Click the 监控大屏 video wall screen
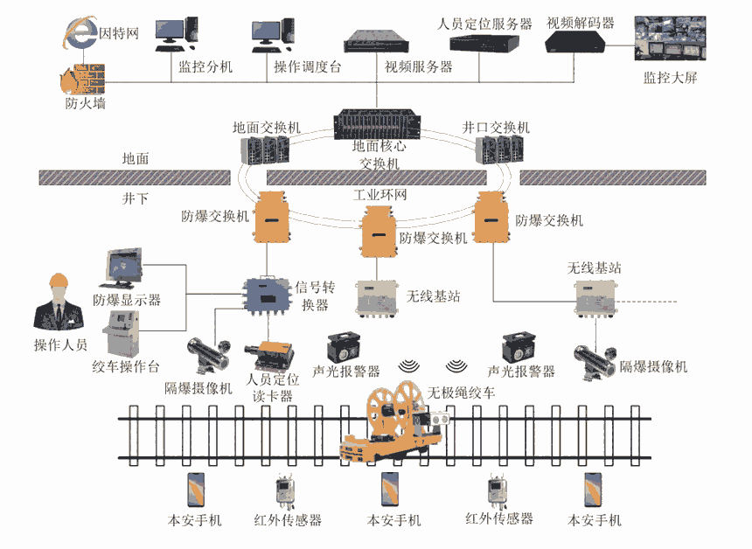click(x=670, y=37)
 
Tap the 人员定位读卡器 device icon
click(x=268, y=353)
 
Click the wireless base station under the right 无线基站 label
click(x=595, y=296)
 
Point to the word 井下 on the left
click(x=136, y=198)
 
